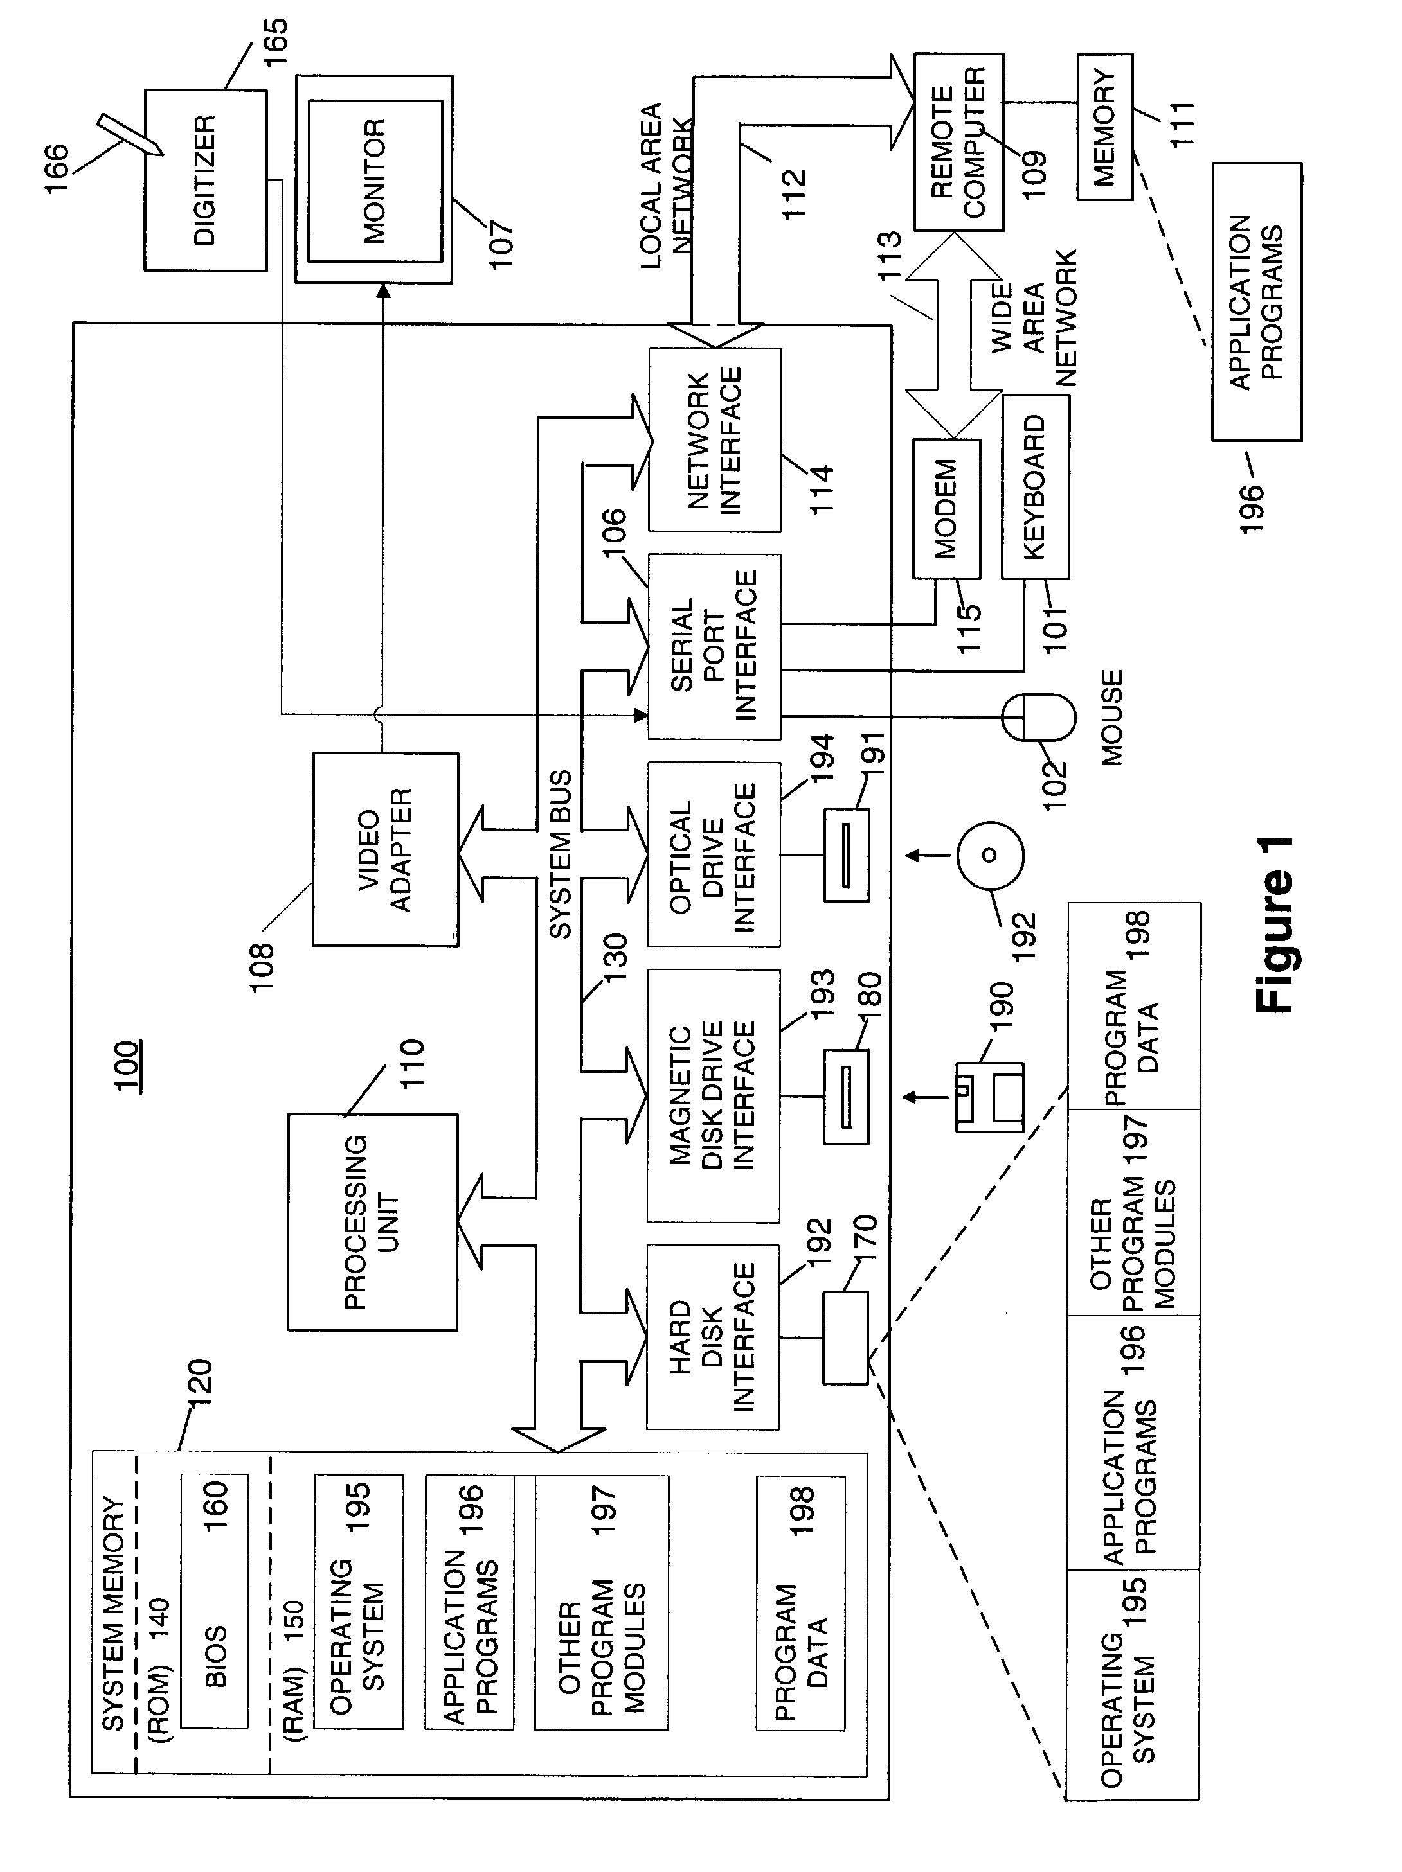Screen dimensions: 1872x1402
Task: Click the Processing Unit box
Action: pos(372,1221)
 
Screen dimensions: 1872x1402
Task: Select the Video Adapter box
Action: pos(385,849)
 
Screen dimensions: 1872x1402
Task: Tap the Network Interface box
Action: pos(715,439)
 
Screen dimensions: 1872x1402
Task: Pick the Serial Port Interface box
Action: pos(714,646)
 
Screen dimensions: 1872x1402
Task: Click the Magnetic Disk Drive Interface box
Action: pos(713,1095)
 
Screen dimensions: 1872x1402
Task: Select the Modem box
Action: pos(946,509)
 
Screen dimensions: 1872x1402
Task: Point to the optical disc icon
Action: pos(990,855)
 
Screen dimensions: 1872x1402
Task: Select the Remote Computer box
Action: pos(958,142)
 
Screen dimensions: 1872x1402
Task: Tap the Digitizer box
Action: pos(205,181)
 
